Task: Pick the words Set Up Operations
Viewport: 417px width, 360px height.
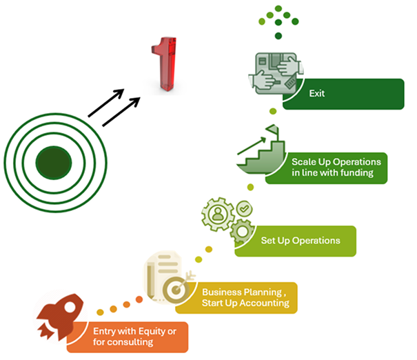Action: (x=301, y=241)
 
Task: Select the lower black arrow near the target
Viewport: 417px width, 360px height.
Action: (x=120, y=113)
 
